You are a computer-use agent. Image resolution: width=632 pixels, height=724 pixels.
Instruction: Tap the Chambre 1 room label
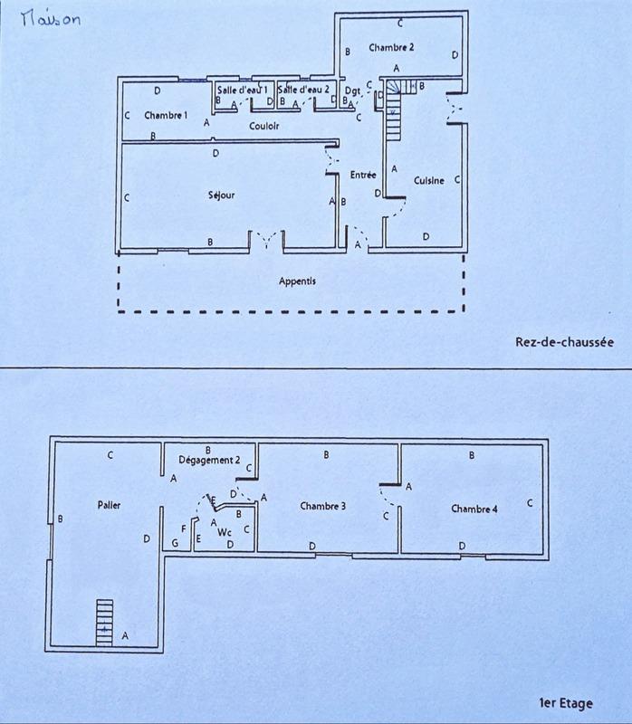(x=166, y=115)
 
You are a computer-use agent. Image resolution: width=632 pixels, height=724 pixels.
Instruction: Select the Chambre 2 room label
(x=391, y=47)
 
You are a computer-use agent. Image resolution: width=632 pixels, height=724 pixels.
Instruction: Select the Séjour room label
(x=221, y=195)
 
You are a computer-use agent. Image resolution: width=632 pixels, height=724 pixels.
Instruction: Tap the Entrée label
(x=363, y=174)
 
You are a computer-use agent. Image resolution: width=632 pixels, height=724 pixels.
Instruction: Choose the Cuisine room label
(x=428, y=181)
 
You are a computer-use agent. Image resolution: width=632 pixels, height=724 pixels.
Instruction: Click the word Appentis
(x=297, y=281)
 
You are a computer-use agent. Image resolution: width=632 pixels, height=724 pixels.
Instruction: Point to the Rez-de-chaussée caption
(x=563, y=342)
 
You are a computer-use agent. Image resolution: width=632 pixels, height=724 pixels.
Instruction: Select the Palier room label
(x=109, y=505)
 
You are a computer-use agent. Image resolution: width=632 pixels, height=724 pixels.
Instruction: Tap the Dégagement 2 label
(x=209, y=460)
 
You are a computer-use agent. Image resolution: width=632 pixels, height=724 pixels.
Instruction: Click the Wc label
(x=224, y=533)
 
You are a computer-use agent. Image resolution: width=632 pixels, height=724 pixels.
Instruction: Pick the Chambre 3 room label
(x=323, y=506)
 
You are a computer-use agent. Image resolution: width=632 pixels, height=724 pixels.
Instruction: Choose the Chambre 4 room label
(x=474, y=509)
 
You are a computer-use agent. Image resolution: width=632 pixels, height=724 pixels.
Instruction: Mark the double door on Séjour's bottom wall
(x=266, y=239)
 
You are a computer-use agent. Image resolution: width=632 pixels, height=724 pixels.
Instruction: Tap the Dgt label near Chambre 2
(x=353, y=90)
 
